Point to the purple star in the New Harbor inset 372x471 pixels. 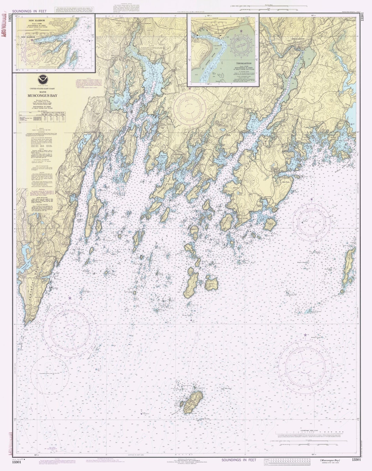(32, 40)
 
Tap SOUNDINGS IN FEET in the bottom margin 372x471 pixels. (239, 460)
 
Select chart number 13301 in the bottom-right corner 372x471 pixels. (356, 459)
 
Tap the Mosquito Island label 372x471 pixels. (264, 213)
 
